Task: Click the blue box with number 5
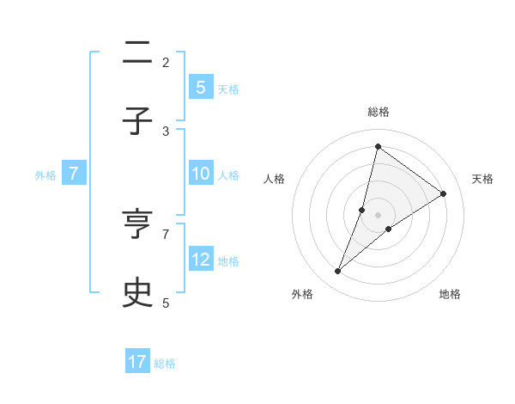[x=200, y=87]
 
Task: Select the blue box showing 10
[x=200, y=174]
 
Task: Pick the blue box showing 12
[x=200, y=260]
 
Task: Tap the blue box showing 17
[x=137, y=362]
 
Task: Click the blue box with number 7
[x=74, y=174]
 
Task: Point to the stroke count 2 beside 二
[x=166, y=62]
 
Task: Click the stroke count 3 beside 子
[x=166, y=131]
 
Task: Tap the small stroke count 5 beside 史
[x=166, y=303]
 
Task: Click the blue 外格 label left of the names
[x=45, y=174]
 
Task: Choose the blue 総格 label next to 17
[x=165, y=363]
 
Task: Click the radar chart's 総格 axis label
[x=378, y=112]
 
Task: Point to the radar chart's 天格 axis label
[x=482, y=179]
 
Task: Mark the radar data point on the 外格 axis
[x=338, y=272]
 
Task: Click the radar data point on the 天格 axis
[x=444, y=193]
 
